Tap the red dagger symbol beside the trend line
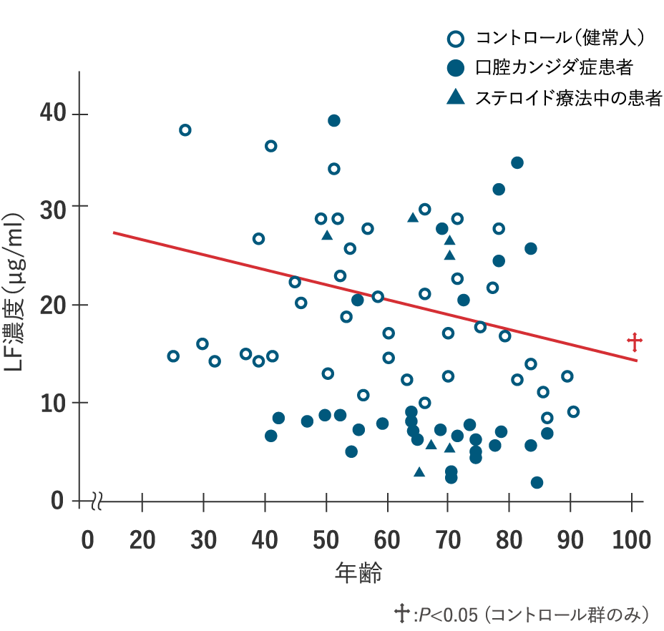coord(634,342)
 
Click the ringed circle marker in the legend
coord(455,39)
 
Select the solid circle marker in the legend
coord(455,68)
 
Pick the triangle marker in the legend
coord(455,97)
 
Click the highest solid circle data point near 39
coord(333,120)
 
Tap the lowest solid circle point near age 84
coord(537,482)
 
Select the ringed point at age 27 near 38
coord(185,129)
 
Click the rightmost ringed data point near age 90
coord(573,411)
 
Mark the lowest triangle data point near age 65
coord(419,472)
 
